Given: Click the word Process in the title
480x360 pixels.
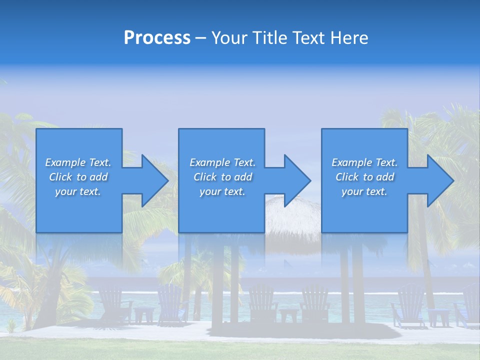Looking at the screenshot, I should pyautogui.click(x=157, y=38).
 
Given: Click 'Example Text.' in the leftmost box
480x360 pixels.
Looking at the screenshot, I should pyautogui.click(x=78, y=162).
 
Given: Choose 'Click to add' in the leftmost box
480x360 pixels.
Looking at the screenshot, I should pyautogui.click(x=78, y=177).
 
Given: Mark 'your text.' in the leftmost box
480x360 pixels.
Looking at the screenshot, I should pyautogui.click(x=78, y=191).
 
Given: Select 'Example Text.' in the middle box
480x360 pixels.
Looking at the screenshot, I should pyautogui.click(x=222, y=162).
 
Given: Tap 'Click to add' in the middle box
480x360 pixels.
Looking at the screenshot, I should pyautogui.click(x=222, y=177).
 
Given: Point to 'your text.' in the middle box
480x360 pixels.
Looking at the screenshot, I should pyautogui.click(x=222, y=191).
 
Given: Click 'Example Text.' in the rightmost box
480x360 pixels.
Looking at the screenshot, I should pyautogui.click(x=364, y=162).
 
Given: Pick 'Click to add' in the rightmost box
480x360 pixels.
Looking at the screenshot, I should pyautogui.click(x=364, y=177).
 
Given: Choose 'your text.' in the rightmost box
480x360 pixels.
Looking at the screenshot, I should pyautogui.click(x=364, y=191).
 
